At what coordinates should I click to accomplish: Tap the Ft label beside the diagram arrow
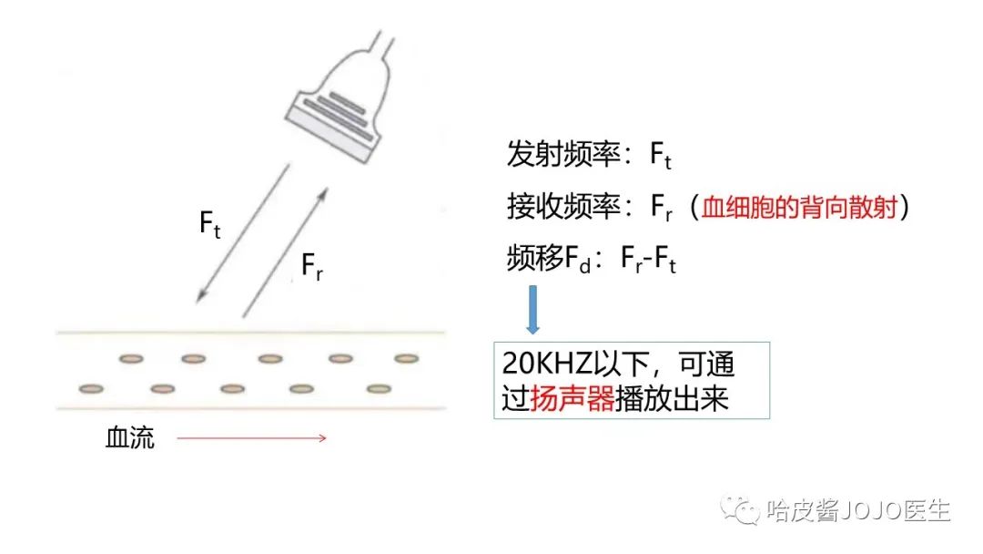[x=210, y=224]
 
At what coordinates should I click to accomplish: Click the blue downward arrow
[x=533, y=311]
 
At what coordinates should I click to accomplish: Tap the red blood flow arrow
[x=251, y=438]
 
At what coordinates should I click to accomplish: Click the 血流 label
[x=130, y=438]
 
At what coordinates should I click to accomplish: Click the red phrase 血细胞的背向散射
[x=798, y=209]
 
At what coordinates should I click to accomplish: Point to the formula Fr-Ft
[x=649, y=261]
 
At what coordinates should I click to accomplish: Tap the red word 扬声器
[x=571, y=399]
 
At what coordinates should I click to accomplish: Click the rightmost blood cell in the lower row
[x=379, y=389]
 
